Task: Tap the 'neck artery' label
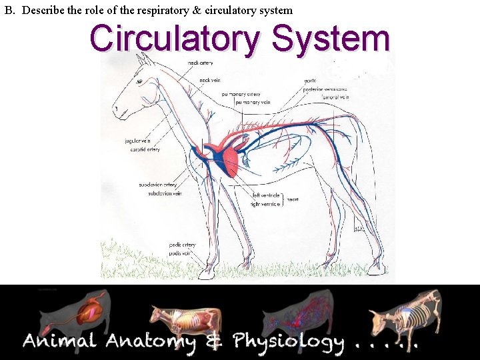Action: pyautogui.click(x=200, y=63)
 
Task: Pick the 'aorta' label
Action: pyautogui.click(x=310, y=81)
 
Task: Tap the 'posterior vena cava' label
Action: pyautogui.click(x=325, y=89)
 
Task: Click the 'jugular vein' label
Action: pyautogui.click(x=137, y=141)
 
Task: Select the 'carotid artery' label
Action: pyautogui.click(x=145, y=149)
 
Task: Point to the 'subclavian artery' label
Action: pyautogui.click(x=157, y=185)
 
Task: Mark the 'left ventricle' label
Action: pyautogui.click(x=265, y=196)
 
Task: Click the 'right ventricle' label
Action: pyautogui.click(x=265, y=204)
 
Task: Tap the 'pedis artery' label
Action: pyautogui.click(x=182, y=245)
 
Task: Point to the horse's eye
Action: pyautogui.click(x=139, y=81)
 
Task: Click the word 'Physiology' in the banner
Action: pyautogui.click(x=288, y=343)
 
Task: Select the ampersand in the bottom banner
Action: pyautogui.click(x=213, y=343)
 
